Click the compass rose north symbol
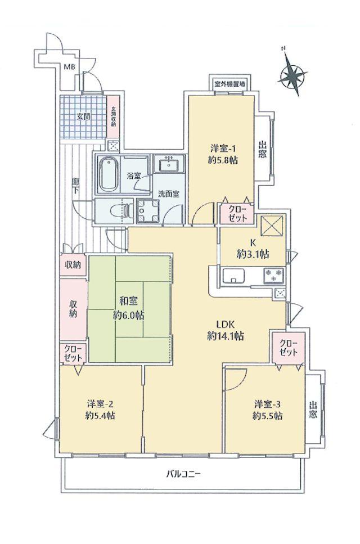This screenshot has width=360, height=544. (292, 74)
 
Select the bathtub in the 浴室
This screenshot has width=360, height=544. (108, 174)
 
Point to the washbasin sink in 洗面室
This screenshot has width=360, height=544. (169, 163)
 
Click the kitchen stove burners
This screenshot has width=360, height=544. (274, 276)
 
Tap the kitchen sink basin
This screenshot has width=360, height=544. (234, 276)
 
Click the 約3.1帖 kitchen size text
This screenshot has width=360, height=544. (253, 254)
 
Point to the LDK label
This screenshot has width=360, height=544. (226, 325)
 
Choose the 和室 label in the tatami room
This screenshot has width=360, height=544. (128, 301)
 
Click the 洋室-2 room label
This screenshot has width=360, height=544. (100, 404)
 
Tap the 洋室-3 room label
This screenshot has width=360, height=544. (267, 404)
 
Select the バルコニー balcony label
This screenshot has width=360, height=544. (184, 474)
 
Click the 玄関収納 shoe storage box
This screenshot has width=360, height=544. (113, 116)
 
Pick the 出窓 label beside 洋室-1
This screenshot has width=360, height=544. (263, 149)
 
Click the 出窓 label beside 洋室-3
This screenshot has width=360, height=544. (313, 410)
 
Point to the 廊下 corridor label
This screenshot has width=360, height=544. (75, 186)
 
